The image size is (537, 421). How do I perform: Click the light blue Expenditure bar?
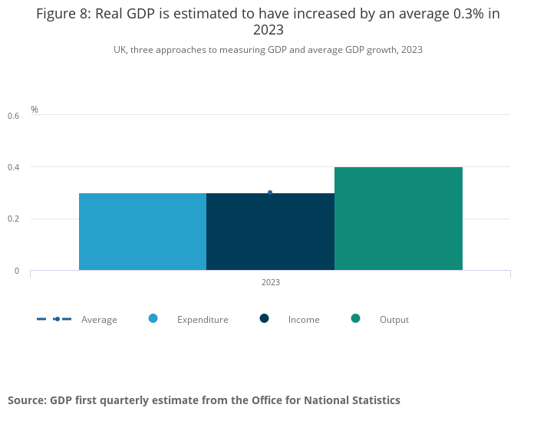tap(143, 232)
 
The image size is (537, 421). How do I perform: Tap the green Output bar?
tap(398, 219)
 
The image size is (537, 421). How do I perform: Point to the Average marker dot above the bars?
tap(270, 192)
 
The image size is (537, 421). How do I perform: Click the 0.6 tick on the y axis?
tap(13, 116)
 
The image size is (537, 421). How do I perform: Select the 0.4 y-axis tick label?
tap(13, 167)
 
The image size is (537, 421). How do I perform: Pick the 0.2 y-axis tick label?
tap(13, 219)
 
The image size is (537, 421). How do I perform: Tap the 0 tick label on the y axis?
tap(17, 271)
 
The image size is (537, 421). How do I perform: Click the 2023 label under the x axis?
tap(270, 282)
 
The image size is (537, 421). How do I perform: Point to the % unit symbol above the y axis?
tap(34, 110)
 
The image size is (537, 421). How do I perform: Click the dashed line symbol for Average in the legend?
tap(54, 319)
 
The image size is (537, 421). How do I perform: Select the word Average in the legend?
tap(99, 320)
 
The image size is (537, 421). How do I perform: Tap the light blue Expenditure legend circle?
tap(153, 319)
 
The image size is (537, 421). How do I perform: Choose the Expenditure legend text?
tap(203, 320)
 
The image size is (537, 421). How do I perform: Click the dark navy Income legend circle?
tap(265, 319)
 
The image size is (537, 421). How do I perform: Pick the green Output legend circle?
tap(356, 319)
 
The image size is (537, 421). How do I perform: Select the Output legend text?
tap(394, 320)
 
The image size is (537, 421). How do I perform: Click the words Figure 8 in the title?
tap(61, 15)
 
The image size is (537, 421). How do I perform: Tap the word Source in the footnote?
tap(27, 400)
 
